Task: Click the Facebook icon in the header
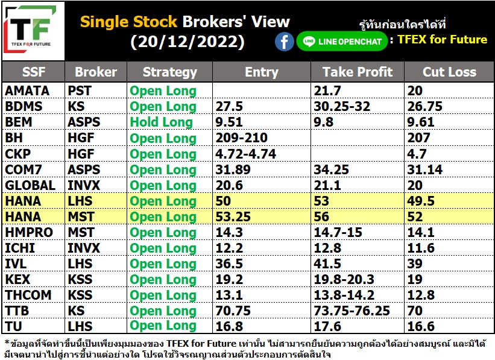pos(284,42)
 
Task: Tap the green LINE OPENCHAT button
pos(342,42)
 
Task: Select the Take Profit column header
pos(358,72)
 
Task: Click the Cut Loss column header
pos(449,72)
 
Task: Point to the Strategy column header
pos(170,72)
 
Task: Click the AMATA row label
pos(27,91)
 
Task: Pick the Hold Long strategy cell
pos(162,122)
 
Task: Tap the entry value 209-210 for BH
pos(242,137)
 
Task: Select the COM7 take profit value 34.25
pos(331,169)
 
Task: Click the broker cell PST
pos(80,91)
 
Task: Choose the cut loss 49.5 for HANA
pos(421,201)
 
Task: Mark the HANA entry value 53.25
pos(233,216)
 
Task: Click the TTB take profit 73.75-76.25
pos(352,311)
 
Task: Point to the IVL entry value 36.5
pos(229,264)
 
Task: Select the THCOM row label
pos(28,295)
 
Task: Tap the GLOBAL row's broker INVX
pos(84,185)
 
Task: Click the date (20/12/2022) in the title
pos(188,42)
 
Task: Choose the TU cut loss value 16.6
pos(421,326)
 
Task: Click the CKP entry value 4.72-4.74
pos(245,154)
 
